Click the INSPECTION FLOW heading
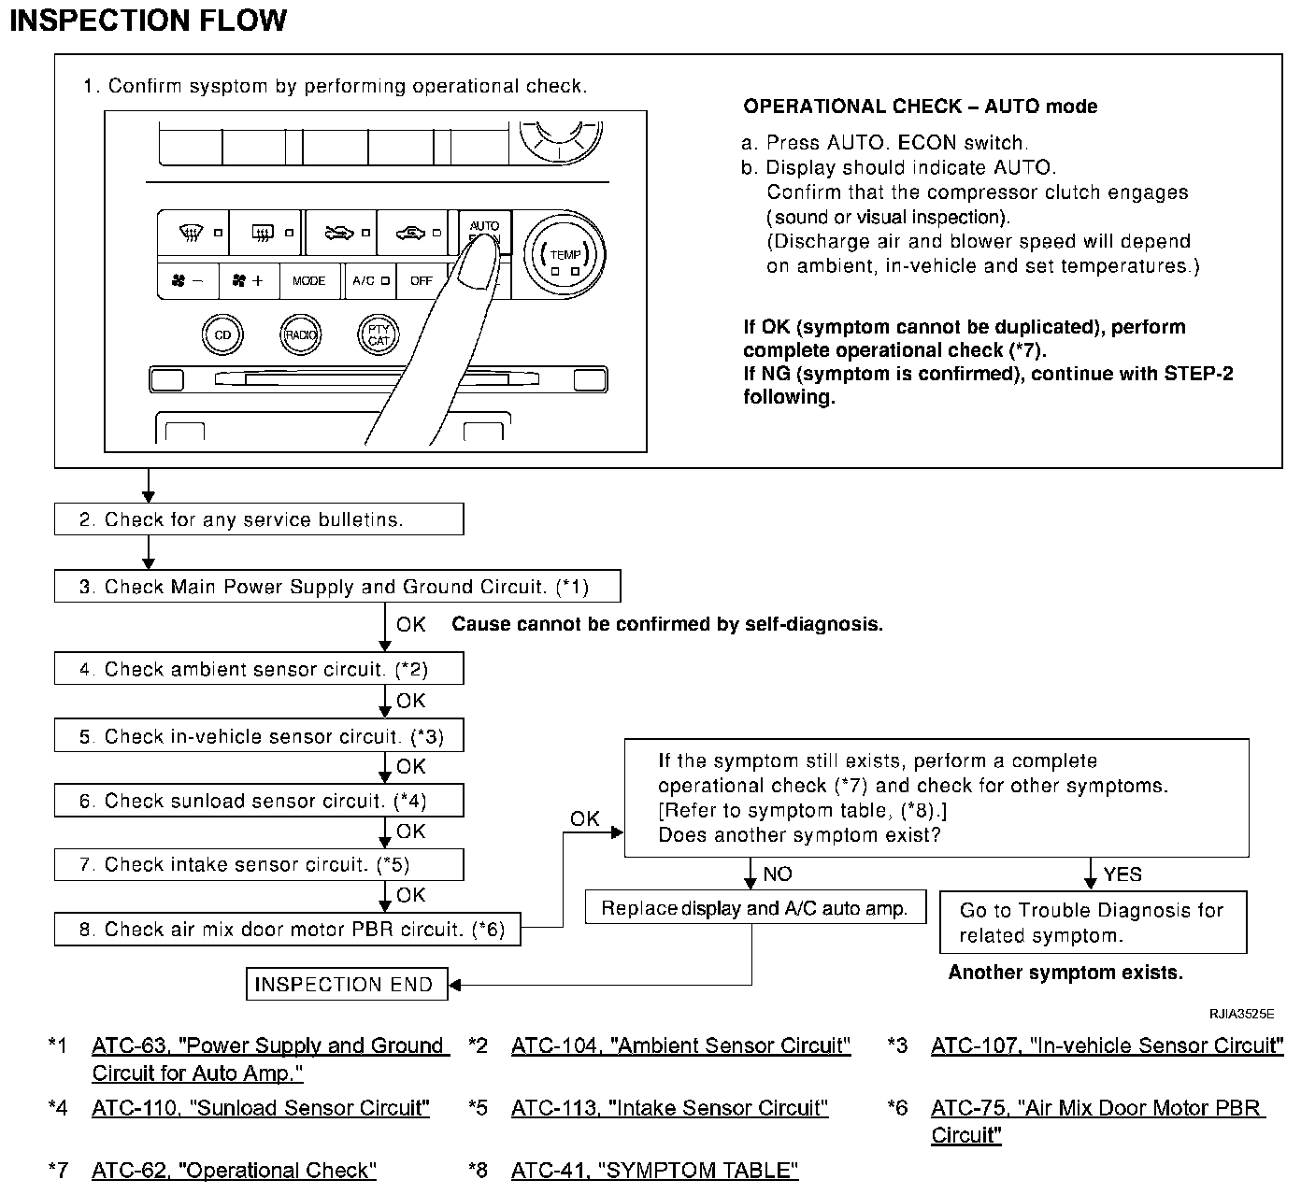(x=148, y=21)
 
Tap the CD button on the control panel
(x=222, y=334)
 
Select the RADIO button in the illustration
(x=301, y=334)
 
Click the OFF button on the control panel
(x=422, y=280)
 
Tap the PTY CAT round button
(x=379, y=334)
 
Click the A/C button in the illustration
(x=364, y=280)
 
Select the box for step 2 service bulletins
(x=258, y=519)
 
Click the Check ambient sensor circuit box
(x=258, y=670)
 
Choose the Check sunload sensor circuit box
(x=258, y=802)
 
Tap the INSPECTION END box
(x=346, y=985)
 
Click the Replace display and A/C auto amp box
(x=754, y=908)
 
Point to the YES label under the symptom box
(x=1122, y=874)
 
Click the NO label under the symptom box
(x=778, y=874)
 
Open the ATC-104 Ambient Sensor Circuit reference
(x=680, y=1045)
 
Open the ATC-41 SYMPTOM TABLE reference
(x=654, y=1171)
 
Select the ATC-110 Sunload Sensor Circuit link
(x=261, y=1108)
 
